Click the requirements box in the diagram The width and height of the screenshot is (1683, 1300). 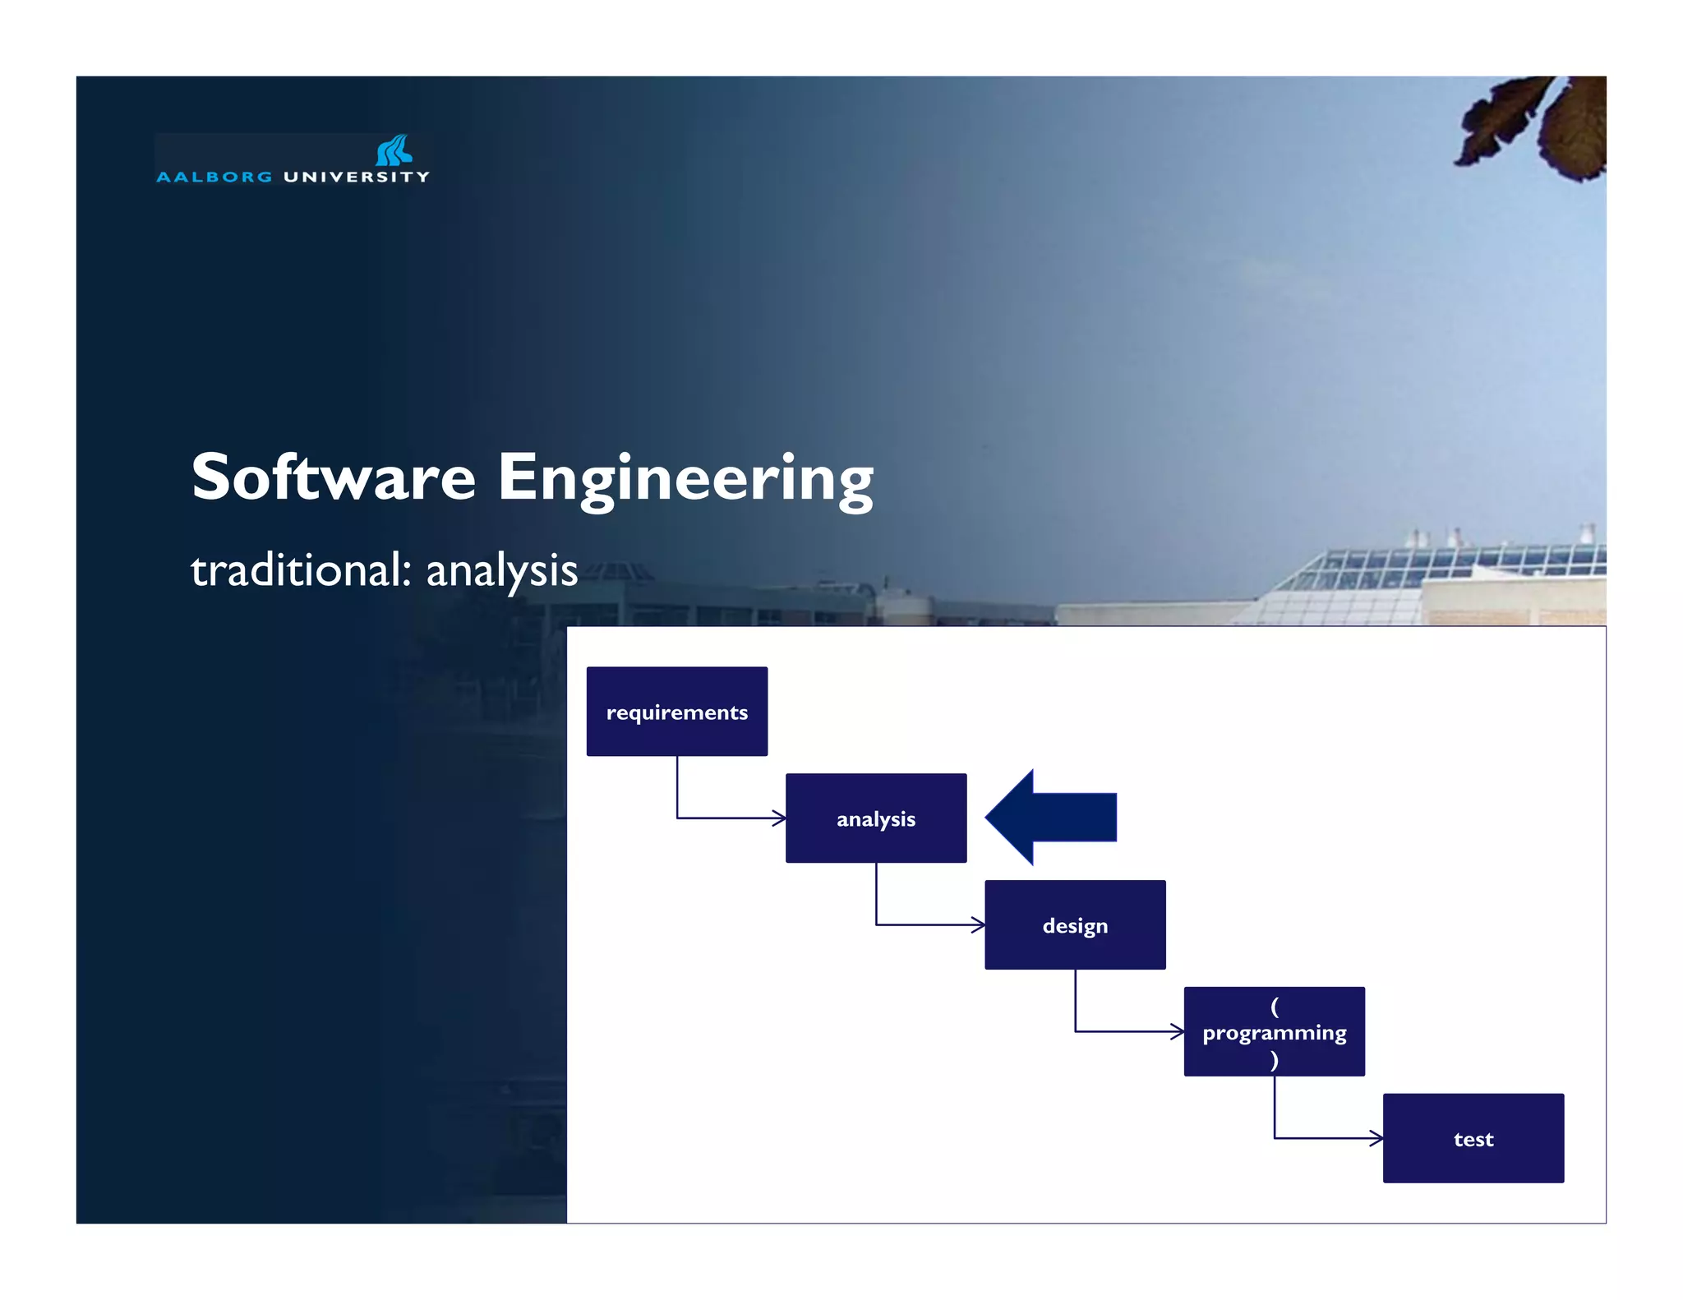click(676, 711)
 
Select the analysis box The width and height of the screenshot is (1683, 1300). click(875, 818)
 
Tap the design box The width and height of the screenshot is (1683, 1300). click(1075, 924)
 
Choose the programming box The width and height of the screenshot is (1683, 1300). click(1274, 1031)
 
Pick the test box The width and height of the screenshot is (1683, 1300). click(1473, 1138)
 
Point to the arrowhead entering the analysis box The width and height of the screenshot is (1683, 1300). click(780, 818)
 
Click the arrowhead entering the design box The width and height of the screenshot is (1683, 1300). click(979, 924)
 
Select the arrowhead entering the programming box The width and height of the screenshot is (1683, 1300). click(1178, 1031)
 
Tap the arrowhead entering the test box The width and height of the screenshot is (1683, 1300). click(1376, 1138)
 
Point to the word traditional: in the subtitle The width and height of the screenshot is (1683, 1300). click(301, 569)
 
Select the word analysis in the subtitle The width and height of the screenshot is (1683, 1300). click(501, 571)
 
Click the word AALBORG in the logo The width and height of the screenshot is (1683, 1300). click(214, 177)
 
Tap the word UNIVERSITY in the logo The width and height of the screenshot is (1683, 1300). click(356, 177)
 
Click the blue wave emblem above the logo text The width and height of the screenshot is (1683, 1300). click(394, 150)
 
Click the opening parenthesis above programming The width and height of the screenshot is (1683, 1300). click(1274, 1006)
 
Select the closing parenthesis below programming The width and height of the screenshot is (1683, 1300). click(1274, 1059)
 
